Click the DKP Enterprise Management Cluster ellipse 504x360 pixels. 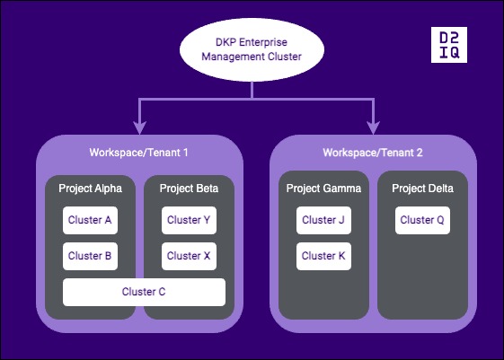[251, 50]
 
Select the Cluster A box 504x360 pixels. [90, 220]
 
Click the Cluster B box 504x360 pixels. [90, 256]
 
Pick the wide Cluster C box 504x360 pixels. [144, 292]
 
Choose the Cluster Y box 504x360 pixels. [189, 220]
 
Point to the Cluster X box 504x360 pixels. [189, 256]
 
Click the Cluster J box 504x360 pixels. [323, 220]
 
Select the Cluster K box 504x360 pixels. [323, 256]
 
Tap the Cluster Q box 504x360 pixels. [422, 220]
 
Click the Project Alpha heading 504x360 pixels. [90, 189]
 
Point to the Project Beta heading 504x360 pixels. [189, 189]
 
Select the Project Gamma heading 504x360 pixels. [323, 189]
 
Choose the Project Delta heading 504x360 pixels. [422, 189]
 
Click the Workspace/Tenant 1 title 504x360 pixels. [138, 153]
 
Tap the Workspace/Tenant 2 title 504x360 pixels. [372, 153]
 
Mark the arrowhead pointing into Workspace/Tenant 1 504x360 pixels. [138, 127]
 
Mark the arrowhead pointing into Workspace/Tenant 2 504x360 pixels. [372, 127]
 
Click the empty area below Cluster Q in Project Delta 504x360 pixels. [422, 278]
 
